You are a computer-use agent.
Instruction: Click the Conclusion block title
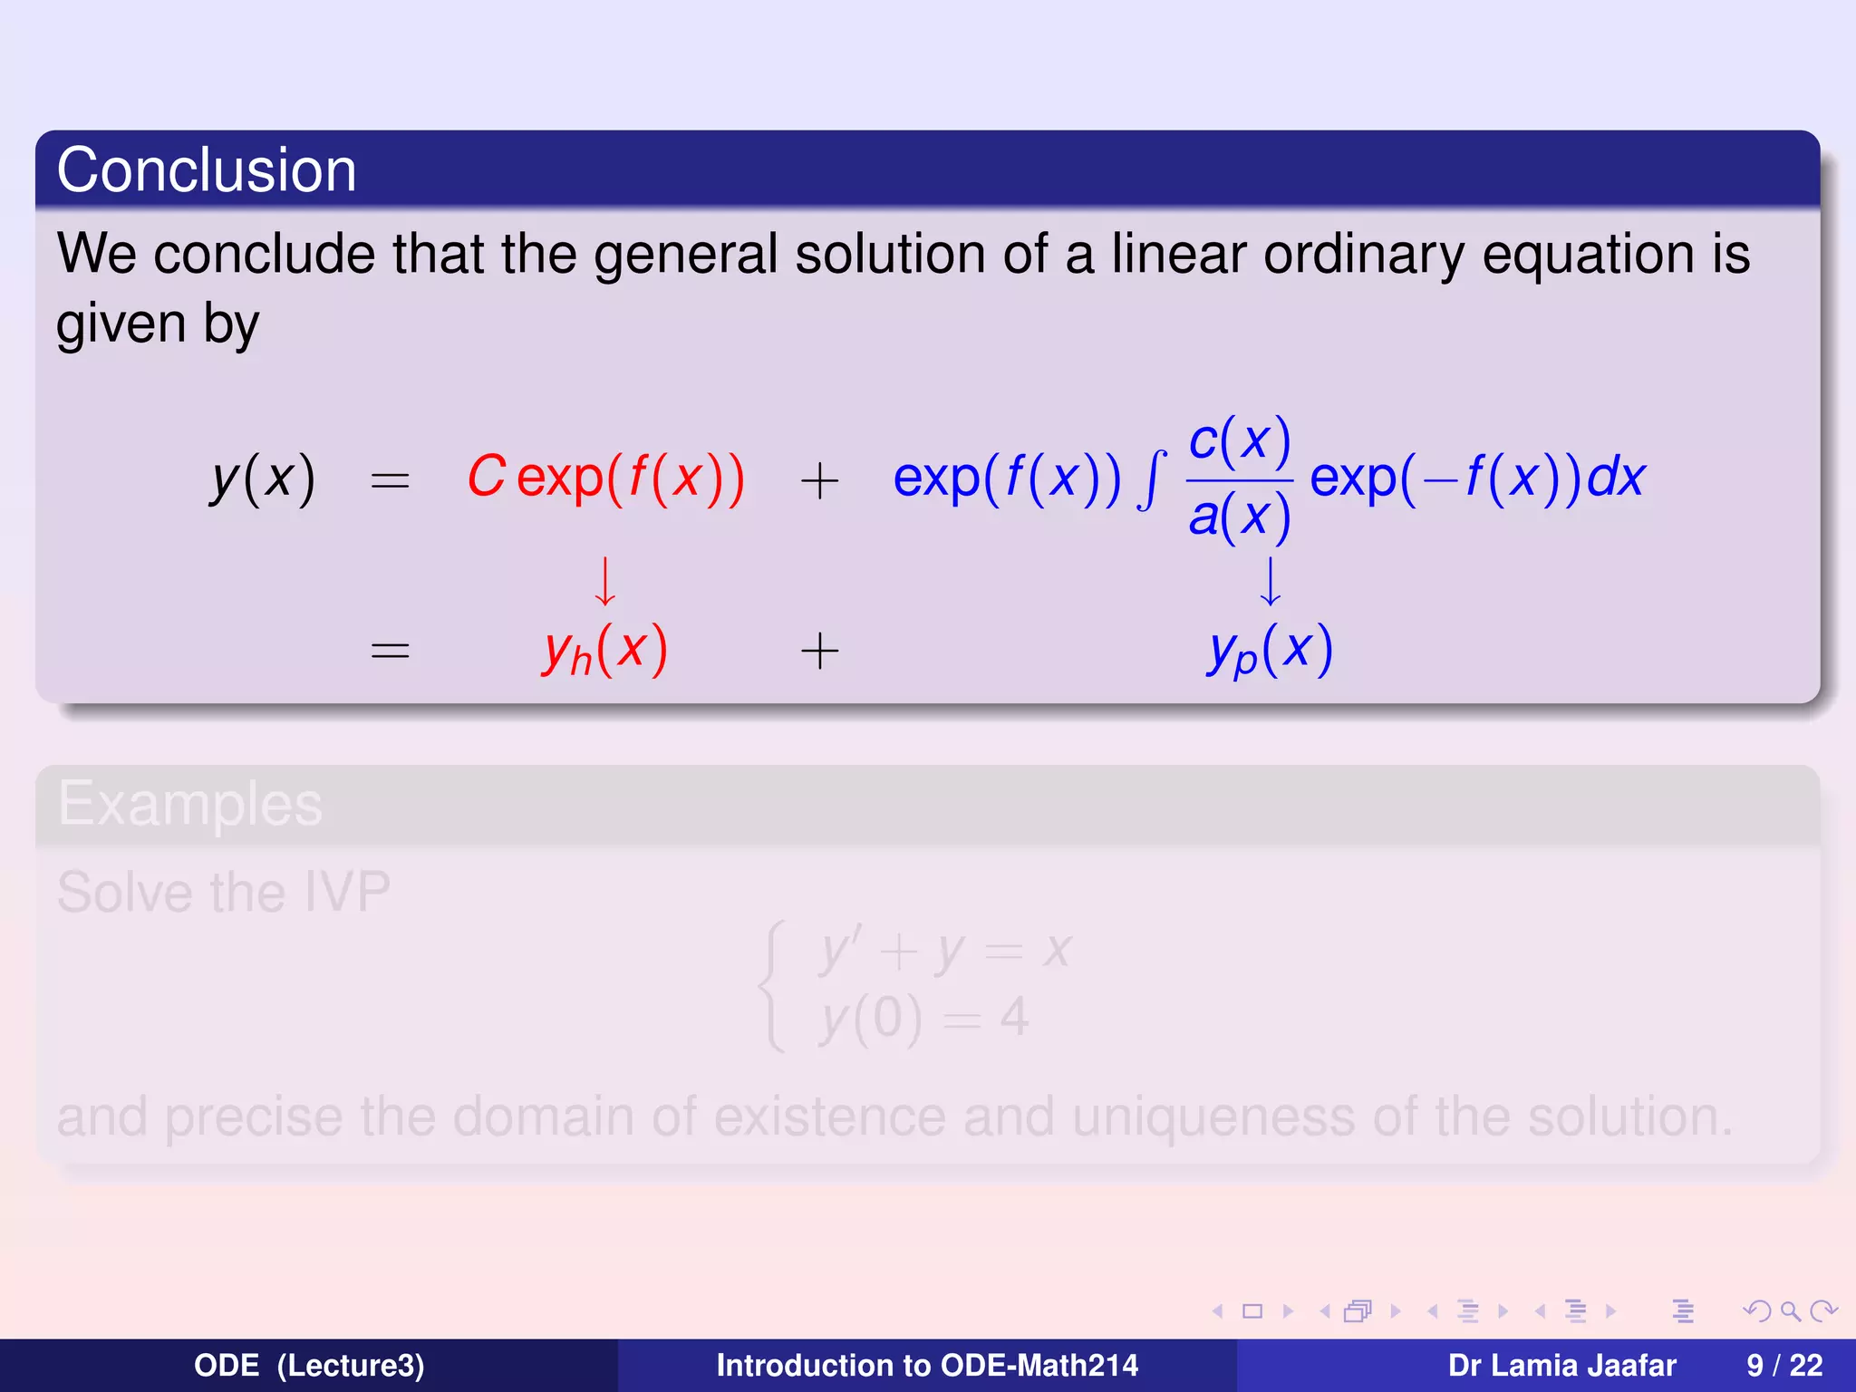pyautogui.click(x=207, y=170)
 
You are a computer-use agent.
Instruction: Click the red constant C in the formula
pyautogui.click(x=486, y=477)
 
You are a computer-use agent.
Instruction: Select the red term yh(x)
pyautogui.click(x=604, y=650)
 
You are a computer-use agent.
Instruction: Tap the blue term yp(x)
pyautogui.click(x=1270, y=650)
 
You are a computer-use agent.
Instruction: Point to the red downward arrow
pyautogui.click(x=604, y=581)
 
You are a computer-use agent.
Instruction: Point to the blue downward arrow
pyautogui.click(x=1271, y=581)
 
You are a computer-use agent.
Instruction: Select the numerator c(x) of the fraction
pyautogui.click(x=1239, y=441)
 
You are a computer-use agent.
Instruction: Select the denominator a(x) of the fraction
pyautogui.click(x=1239, y=517)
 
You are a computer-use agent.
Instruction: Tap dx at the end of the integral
pyautogui.click(x=1616, y=477)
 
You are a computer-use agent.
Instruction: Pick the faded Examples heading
pyautogui.click(x=190, y=804)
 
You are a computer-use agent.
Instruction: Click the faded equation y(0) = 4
pyautogui.click(x=923, y=1018)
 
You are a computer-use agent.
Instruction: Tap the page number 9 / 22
pyautogui.click(x=1783, y=1365)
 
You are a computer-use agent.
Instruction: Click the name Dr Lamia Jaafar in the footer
pyautogui.click(x=1561, y=1365)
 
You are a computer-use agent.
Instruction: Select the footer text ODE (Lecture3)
pyautogui.click(x=309, y=1365)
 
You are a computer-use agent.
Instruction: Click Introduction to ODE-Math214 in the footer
pyautogui.click(x=927, y=1365)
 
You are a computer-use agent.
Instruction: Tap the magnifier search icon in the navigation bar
pyautogui.click(x=1789, y=1311)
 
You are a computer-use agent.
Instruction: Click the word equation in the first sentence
pyautogui.click(x=1588, y=254)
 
